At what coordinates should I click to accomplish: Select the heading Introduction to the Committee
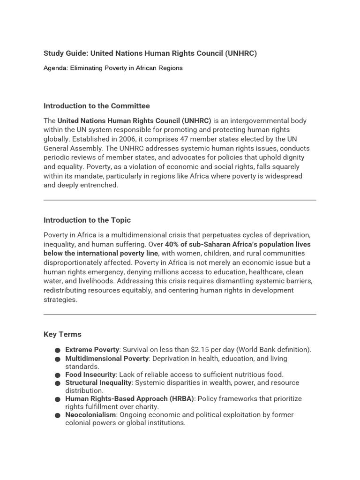[97, 106]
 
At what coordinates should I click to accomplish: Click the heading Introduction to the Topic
[87, 220]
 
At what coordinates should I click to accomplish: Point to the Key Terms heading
[62, 334]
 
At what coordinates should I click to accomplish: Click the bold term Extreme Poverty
[92, 350]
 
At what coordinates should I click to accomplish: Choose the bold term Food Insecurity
[90, 375]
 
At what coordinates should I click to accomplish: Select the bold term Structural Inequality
[98, 382]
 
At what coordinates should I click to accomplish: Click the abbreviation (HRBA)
[180, 399]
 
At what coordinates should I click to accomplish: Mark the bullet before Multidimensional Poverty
[57, 359]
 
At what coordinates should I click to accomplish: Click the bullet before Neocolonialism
[57, 415]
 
